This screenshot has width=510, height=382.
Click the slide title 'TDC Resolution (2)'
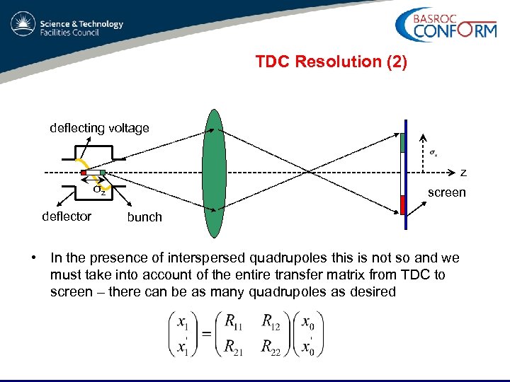[x=331, y=62]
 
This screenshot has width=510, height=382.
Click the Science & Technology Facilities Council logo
[x=67, y=28]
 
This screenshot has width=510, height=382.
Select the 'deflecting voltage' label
[x=99, y=128]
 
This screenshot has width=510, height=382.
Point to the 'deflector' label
[x=67, y=216]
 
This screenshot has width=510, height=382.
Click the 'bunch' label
[x=144, y=217]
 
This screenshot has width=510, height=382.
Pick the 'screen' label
[x=446, y=192]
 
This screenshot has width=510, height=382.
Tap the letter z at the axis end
[x=463, y=172]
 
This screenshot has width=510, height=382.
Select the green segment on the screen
[x=403, y=142]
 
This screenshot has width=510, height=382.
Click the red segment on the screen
[x=403, y=204]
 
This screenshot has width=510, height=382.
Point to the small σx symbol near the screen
[x=433, y=153]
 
